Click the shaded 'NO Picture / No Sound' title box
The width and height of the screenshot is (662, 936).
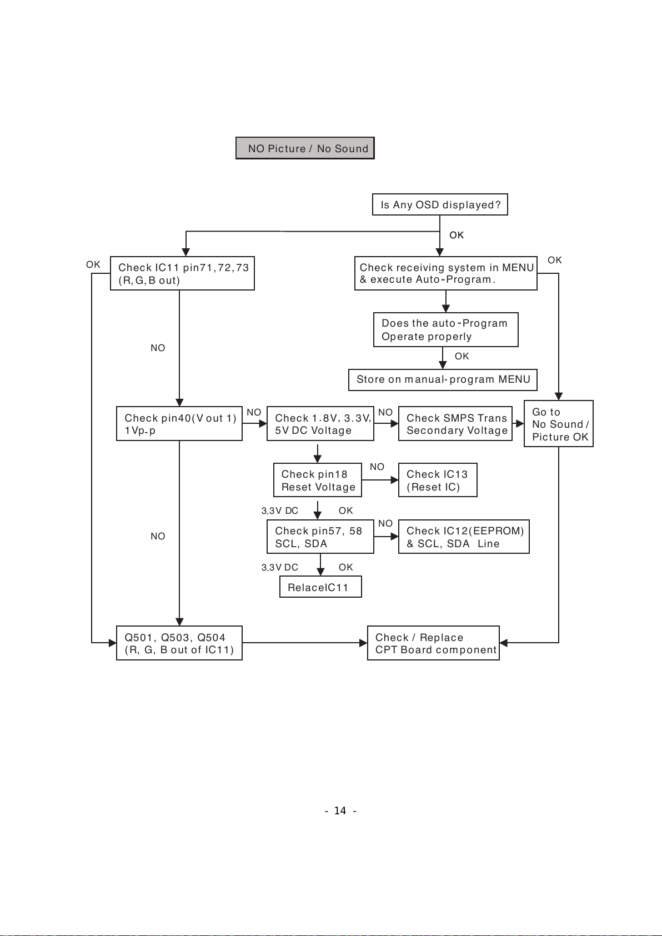305,148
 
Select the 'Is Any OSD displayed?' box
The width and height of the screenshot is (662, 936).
440,204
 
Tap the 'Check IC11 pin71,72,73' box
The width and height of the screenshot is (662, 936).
182,273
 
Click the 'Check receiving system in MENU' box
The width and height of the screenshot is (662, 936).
445,273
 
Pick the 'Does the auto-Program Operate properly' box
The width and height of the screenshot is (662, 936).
445,330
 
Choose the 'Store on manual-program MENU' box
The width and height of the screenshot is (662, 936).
443,379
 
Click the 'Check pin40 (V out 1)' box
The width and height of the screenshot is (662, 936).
179,424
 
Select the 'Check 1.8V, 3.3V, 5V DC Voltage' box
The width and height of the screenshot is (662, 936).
320,424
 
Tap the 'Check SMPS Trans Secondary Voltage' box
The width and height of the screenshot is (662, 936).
455,424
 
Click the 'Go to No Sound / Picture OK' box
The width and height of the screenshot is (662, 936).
558,424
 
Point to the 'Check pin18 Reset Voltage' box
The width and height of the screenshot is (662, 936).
318,480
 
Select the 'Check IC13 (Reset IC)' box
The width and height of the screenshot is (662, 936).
438,480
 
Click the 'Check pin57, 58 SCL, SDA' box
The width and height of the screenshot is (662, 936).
320,537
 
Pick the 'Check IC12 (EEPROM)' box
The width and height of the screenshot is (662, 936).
464,537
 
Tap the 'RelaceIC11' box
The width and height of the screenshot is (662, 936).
320,587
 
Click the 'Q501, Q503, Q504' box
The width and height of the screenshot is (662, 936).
179,643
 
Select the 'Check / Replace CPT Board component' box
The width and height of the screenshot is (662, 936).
433,643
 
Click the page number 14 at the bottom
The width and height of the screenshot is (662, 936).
340,811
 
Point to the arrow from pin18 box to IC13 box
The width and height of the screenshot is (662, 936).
380,480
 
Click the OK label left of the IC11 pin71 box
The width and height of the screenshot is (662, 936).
93,264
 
